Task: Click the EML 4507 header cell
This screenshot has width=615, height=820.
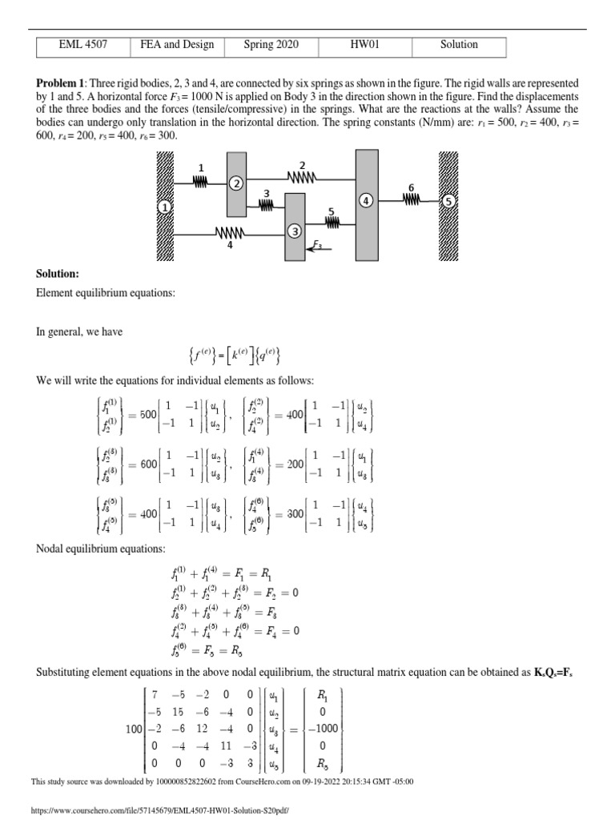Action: point(83,46)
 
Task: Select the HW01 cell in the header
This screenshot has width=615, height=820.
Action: point(365,46)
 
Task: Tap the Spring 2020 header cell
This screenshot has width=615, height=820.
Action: point(271,46)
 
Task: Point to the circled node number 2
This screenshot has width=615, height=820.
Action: point(236,183)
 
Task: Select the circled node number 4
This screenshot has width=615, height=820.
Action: point(366,201)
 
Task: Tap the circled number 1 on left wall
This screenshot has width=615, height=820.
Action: point(165,207)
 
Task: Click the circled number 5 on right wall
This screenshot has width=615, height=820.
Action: point(449,202)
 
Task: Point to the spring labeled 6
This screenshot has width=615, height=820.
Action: point(412,201)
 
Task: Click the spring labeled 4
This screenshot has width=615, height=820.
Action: point(231,234)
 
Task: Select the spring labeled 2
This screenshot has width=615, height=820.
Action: point(302,177)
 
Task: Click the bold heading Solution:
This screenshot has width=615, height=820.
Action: point(57,274)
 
